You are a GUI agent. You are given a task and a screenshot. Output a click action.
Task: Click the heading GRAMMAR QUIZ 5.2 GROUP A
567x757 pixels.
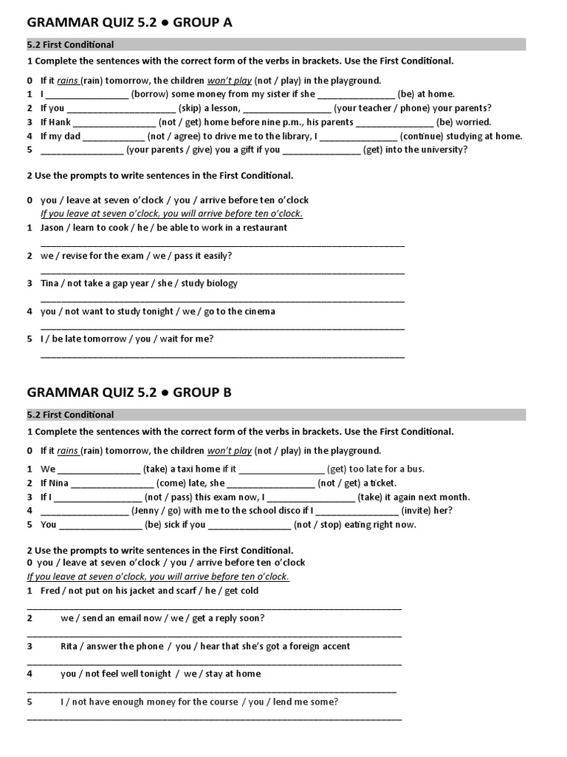tap(130, 22)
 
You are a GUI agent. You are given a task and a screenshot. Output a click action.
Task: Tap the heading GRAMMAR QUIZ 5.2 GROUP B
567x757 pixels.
tap(129, 393)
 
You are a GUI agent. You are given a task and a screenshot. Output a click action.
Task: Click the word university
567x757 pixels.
tap(440, 150)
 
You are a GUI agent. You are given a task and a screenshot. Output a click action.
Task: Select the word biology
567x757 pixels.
tap(221, 283)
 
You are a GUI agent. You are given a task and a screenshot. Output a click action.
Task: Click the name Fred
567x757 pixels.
tap(50, 591)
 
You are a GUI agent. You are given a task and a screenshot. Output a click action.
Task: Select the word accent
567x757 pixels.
tap(333, 646)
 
